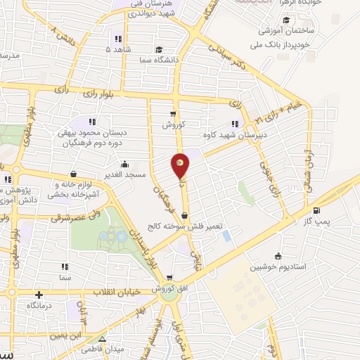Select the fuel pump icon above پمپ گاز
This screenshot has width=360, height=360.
click(x=316, y=210)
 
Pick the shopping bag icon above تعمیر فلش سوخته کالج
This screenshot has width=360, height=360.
click(x=184, y=216)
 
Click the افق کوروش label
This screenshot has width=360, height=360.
click(x=156, y=289)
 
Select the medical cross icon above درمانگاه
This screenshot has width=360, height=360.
click(x=39, y=295)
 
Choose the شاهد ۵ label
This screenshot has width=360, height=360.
click(x=117, y=50)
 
